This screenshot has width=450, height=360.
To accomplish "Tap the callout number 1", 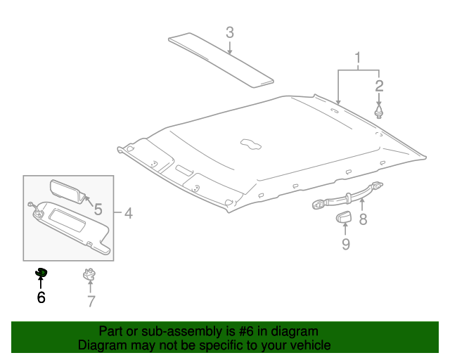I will pyautogui.click(x=359, y=57).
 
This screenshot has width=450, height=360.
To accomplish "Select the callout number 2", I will pyautogui.click(x=379, y=86).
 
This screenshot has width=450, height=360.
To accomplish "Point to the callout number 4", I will pyautogui.click(x=128, y=212).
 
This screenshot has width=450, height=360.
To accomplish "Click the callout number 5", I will pyautogui.click(x=98, y=209).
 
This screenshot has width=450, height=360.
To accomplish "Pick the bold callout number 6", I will pyautogui.click(x=41, y=297).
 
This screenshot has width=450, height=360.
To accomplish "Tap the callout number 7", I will pyautogui.click(x=91, y=302).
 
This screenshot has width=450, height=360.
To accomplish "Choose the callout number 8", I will pyautogui.click(x=363, y=219).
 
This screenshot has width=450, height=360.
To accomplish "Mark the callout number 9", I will pyautogui.click(x=345, y=244).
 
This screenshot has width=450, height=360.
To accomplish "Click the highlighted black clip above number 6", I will pyautogui.click(x=41, y=272).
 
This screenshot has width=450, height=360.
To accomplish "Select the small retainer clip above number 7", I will pyautogui.click(x=90, y=274).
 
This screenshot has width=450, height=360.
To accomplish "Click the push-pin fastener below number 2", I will pyautogui.click(x=379, y=112).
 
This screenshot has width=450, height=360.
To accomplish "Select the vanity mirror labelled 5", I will pyautogui.click(x=66, y=190).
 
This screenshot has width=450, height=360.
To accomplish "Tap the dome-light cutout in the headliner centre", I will pyautogui.click(x=250, y=143).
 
